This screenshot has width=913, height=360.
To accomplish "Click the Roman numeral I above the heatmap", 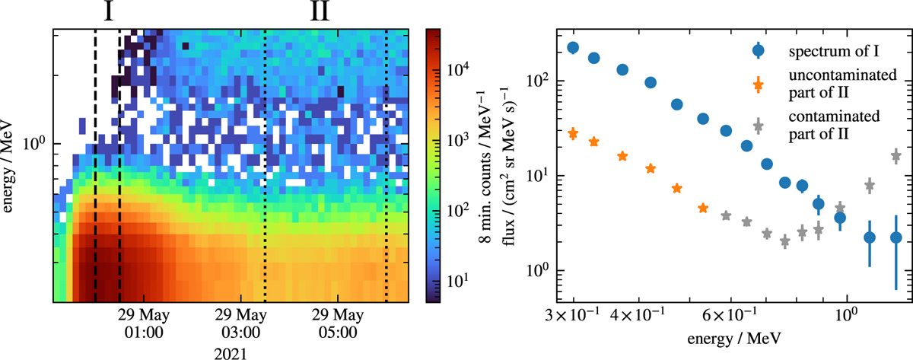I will point(107,12).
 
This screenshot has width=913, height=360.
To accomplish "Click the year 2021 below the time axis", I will point(230,352).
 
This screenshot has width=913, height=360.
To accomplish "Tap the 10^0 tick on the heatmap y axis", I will point(35,143).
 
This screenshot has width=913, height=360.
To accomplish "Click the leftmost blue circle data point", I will point(573,47).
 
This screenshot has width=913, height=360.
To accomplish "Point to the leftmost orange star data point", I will point(573,134).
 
